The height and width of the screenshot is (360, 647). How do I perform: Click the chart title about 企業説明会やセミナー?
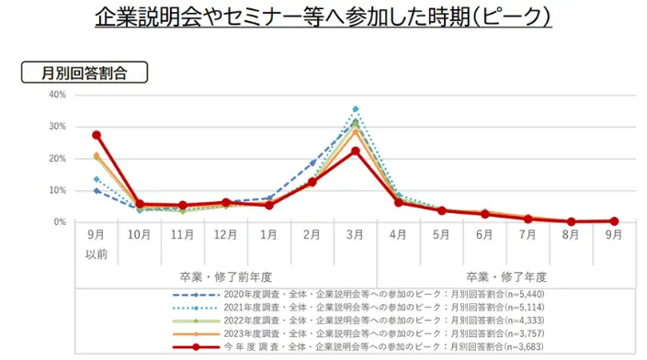tap(323, 18)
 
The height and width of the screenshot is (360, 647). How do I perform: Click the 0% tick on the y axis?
tap(59, 222)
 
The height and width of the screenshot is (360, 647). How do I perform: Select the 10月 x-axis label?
tap(140, 235)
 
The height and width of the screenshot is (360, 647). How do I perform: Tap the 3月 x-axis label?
tap(355, 235)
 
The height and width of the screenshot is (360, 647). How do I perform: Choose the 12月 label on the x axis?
tap(226, 235)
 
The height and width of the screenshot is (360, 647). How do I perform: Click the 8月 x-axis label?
tap(571, 235)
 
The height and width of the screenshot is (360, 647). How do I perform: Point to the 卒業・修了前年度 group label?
tap(226, 276)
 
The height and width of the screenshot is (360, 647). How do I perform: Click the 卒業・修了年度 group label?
tap(506, 276)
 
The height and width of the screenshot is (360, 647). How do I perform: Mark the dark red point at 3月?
tap(355, 151)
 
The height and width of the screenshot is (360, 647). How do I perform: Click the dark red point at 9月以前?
tap(96, 135)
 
